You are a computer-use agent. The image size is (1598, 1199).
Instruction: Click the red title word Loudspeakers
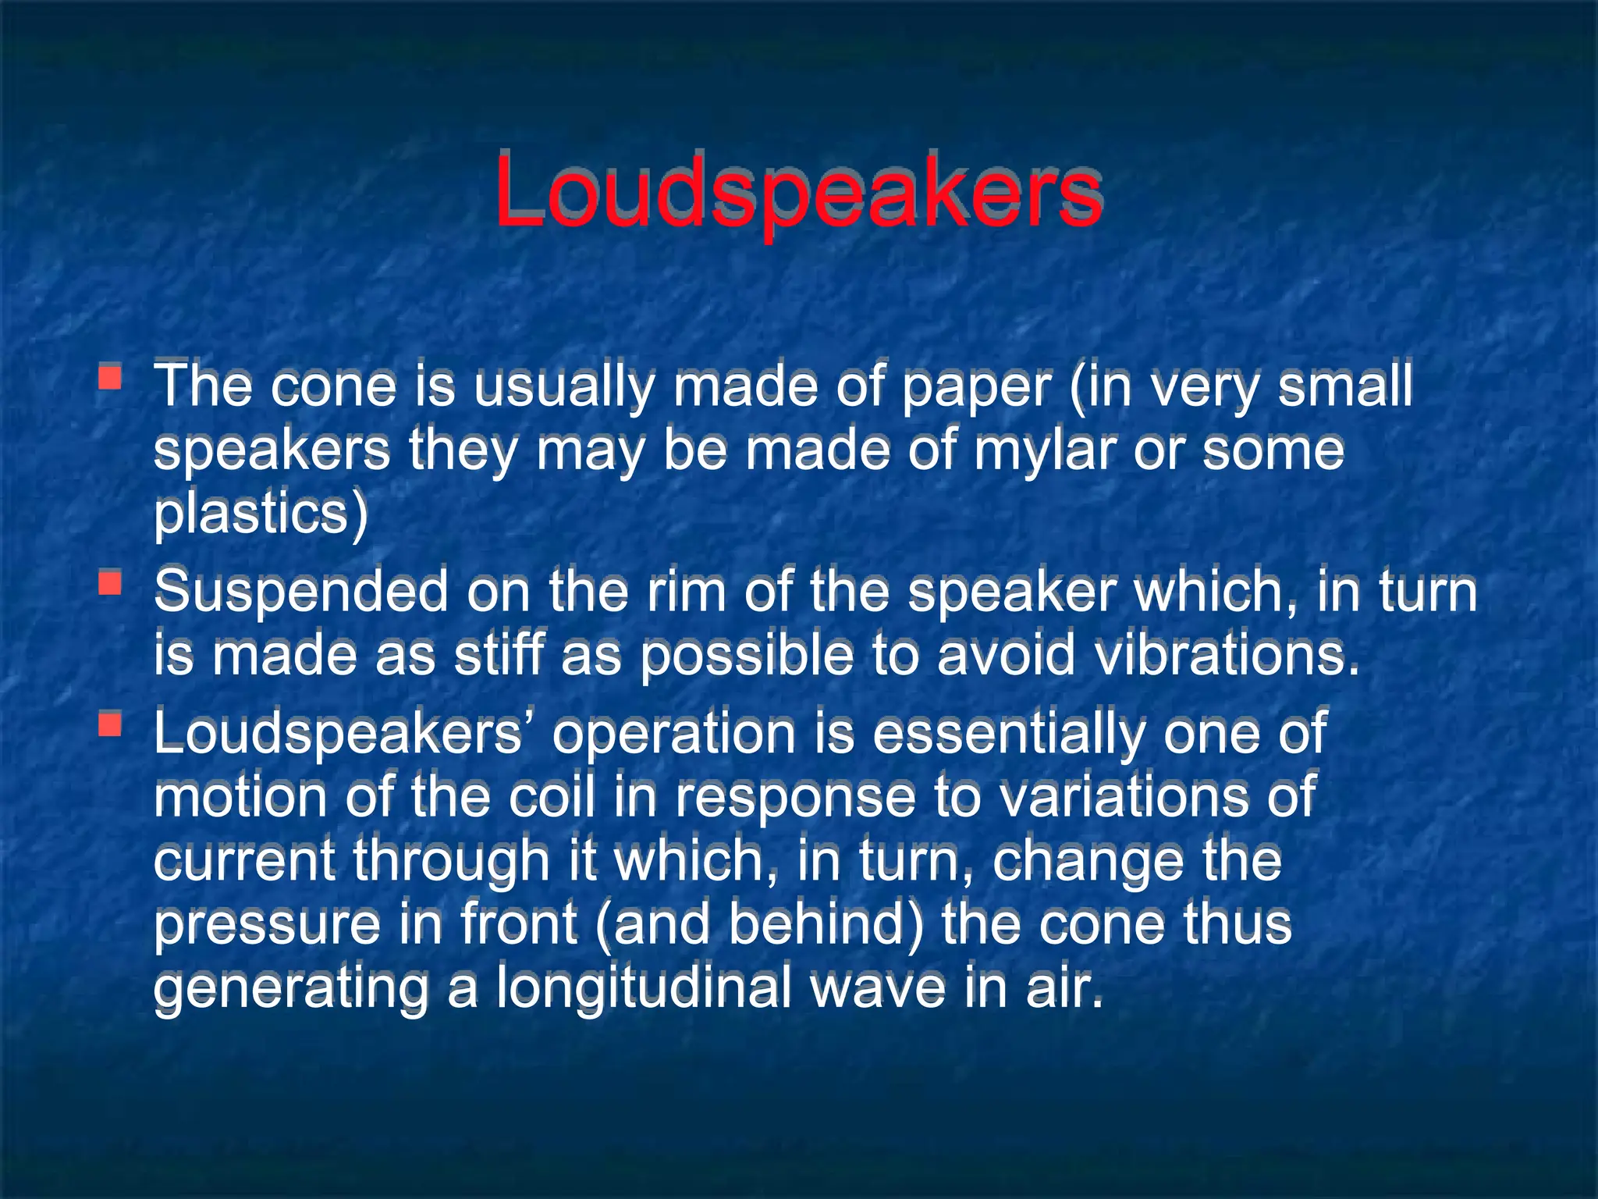tap(798, 191)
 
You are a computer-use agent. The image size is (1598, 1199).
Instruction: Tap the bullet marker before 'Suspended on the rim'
tap(110, 582)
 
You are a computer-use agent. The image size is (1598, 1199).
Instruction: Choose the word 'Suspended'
tap(301, 592)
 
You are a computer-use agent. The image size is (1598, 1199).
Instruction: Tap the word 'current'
tap(244, 860)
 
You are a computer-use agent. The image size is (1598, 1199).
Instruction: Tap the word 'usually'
tap(563, 388)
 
